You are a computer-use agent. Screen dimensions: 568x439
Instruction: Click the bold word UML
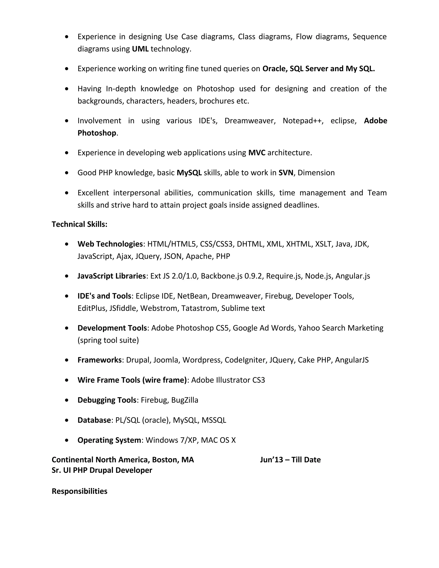coord(140,49)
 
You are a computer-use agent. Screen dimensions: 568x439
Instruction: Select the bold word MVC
coord(257,153)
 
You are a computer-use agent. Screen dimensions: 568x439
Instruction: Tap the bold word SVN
coord(286,173)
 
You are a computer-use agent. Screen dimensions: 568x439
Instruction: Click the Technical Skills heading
coord(79,224)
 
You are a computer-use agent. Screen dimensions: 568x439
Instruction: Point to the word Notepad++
coord(303,121)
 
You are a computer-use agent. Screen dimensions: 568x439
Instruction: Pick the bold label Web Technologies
coord(110,244)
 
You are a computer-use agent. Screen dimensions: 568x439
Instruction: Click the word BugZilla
coord(185,400)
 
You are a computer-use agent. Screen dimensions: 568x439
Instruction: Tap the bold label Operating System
coord(109,440)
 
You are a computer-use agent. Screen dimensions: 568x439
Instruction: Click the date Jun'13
coord(271,460)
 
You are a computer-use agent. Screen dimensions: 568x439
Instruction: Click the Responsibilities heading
coord(79,491)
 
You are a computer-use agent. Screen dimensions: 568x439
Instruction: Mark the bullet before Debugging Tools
coord(67,400)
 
